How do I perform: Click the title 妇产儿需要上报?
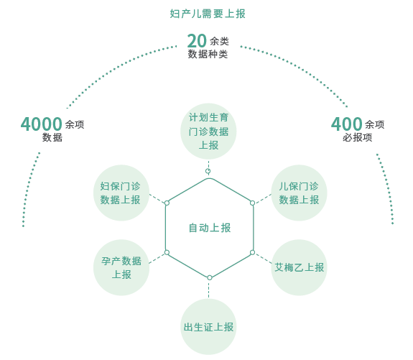[208, 14]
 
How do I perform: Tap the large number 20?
[197, 41]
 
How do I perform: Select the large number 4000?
[42, 124]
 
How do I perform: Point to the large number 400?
[346, 124]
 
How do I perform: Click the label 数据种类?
[208, 55]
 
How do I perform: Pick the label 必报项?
[358, 137]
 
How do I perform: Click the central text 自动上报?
[210, 228]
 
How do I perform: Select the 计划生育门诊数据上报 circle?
[208, 131]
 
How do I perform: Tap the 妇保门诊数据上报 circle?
[121, 193]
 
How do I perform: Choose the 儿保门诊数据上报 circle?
[300, 193]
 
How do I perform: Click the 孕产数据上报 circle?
[121, 267]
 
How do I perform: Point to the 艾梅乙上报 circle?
[300, 267]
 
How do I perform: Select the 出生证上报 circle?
[208, 327]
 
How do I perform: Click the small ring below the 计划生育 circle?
[208, 171]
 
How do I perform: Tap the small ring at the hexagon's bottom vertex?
[210, 277]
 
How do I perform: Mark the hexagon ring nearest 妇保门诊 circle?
[167, 203]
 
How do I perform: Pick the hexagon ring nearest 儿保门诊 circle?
[252, 203]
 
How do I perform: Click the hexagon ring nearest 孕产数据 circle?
[167, 252]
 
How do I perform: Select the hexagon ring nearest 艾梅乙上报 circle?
[252, 252]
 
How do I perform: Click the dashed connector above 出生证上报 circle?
[208, 290]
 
